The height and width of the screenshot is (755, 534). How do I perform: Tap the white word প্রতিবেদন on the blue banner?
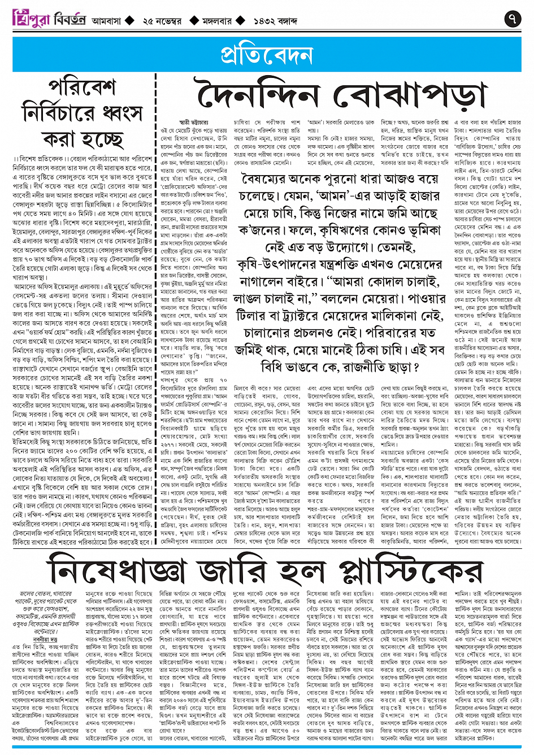coord(267,55)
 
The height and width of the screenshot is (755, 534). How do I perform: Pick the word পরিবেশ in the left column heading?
coord(82,88)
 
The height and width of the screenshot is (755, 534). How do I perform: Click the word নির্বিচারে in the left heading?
coord(57,113)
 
